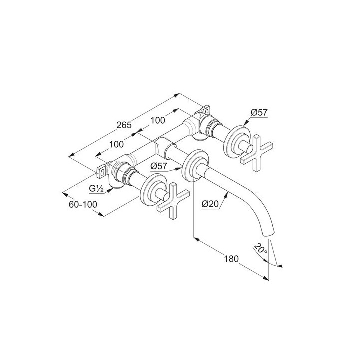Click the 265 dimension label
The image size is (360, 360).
124,125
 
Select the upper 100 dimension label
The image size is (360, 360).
157,120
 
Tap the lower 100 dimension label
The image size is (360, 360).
116,144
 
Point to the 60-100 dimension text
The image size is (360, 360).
83,204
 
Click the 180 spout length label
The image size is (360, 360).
231,259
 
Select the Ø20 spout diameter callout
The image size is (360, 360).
210,204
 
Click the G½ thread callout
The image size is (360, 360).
96,188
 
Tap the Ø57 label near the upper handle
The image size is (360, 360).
259,112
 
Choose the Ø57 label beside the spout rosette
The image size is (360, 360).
159,166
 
